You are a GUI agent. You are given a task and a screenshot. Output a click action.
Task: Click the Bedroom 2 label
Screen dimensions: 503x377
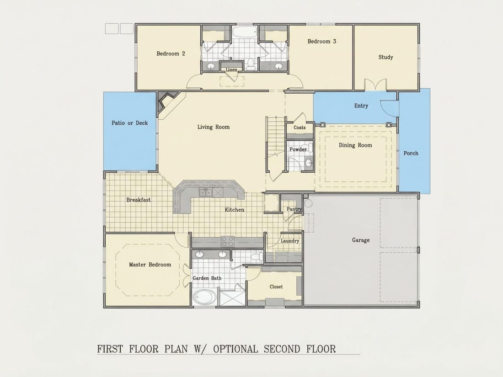tap(171, 53)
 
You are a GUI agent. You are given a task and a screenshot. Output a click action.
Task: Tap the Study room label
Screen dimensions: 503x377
tap(385, 57)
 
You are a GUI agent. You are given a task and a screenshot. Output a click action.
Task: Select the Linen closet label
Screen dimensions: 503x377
tap(231, 69)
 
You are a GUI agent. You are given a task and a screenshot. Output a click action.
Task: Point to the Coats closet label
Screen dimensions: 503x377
tap(300, 127)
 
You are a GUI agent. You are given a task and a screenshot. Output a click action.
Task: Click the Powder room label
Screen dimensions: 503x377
tap(298, 149)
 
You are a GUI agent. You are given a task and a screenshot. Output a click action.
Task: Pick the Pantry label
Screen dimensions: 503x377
tap(294, 209)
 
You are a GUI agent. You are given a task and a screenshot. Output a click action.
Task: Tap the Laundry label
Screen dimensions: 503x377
tap(289, 241)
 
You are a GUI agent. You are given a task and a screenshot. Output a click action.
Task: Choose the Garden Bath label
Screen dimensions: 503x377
tap(207, 278)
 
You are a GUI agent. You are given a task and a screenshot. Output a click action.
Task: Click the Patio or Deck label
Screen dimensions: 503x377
tap(129, 123)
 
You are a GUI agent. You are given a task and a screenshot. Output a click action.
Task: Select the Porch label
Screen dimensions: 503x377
tap(411, 153)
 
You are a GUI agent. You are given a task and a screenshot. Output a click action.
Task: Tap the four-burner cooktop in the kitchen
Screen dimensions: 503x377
tap(227, 241)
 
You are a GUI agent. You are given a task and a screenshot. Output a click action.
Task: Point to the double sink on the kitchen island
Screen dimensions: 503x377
tap(205, 192)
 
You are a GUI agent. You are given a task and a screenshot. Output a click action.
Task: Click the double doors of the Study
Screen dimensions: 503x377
tap(375, 85)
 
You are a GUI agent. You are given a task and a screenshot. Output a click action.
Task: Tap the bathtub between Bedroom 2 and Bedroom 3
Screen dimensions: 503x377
tap(245, 32)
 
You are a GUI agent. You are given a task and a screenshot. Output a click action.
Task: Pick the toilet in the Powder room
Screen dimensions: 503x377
tap(308, 163)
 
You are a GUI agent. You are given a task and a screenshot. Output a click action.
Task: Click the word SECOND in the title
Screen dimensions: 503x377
tap(282, 349)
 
